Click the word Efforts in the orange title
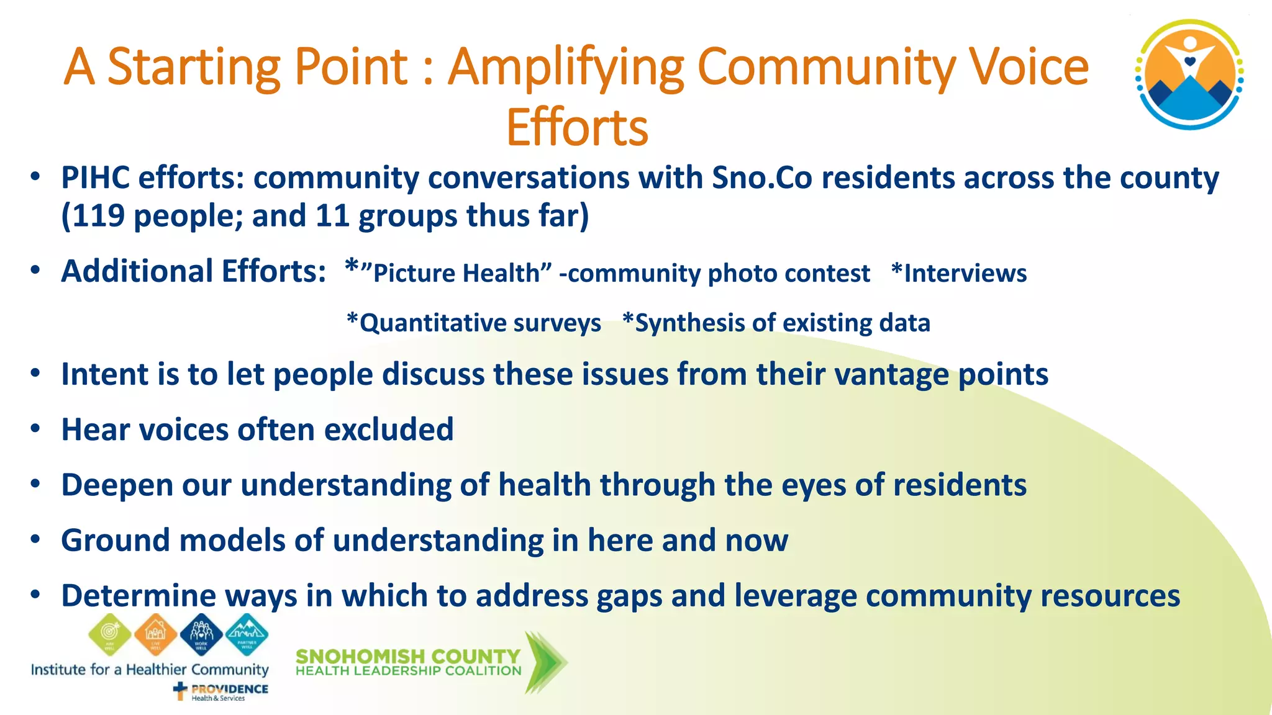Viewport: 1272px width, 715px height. pos(577,128)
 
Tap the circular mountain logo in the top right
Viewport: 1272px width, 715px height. pos(1189,74)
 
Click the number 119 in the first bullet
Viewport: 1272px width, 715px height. pos(98,216)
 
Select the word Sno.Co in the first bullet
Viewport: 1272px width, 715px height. pos(762,178)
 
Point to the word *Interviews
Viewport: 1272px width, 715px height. pos(959,273)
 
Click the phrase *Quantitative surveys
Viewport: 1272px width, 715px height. pos(474,323)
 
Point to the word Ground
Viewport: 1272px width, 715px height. pos(116,540)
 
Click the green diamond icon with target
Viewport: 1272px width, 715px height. pos(110,634)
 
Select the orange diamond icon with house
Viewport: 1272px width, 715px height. pos(155,634)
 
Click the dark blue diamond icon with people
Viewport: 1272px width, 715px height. pos(201,634)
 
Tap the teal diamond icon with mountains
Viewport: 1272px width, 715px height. pos(247,634)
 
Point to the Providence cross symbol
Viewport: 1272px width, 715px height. pos(180,691)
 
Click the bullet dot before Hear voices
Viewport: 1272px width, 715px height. pos(35,429)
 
